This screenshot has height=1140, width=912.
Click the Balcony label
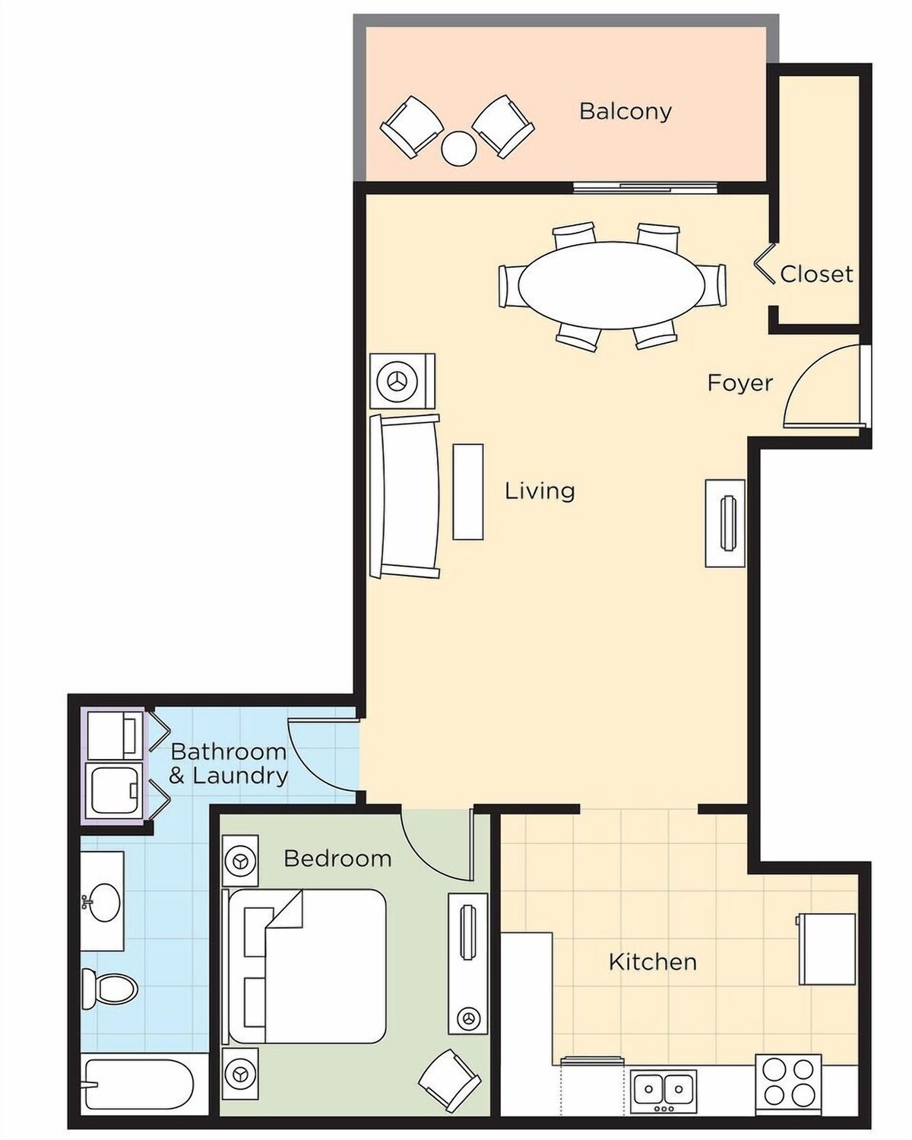tap(625, 111)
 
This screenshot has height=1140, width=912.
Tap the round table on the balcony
tap(459, 148)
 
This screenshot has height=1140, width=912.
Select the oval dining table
tap(612, 285)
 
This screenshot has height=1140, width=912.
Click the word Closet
tap(816, 274)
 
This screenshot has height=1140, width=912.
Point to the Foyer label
tap(740, 383)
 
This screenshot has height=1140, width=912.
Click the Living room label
tap(540, 491)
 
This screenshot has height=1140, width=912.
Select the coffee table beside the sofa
tap(468, 492)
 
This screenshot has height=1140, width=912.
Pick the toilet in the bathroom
tap(109, 989)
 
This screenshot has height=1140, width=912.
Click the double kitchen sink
tap(663, 1086)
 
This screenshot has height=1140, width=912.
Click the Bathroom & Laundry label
tap(229, 764)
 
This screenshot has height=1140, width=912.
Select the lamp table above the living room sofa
tap(402, 381)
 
